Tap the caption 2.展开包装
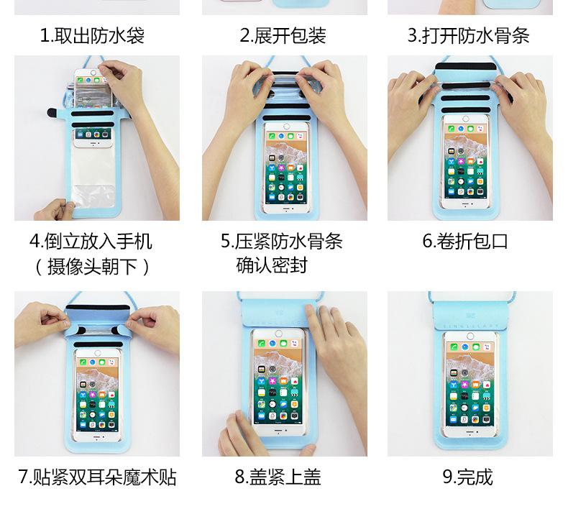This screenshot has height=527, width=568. [283, 36]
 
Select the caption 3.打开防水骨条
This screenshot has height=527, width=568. [468, 36]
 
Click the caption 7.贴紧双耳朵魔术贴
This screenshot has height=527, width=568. [97, 477]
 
